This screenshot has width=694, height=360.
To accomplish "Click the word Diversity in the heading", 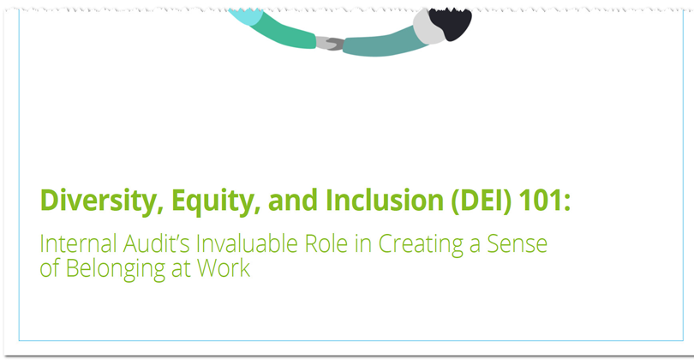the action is pos(99,201).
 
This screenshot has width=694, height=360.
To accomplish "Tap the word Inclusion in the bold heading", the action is pos(384,201).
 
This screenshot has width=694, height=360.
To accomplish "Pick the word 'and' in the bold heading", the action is pos(292,201).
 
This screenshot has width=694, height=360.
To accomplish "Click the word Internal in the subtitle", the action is pos(78,243).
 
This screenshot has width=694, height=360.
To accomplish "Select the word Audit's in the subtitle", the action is pos(157,243).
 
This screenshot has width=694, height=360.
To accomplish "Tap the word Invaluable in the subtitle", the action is pos(247,243).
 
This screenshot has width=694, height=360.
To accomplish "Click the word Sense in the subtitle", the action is pos(517,244).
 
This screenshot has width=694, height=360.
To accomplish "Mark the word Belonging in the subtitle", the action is pos(116,269).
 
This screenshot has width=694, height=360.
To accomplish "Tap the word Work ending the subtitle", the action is pos(224,268).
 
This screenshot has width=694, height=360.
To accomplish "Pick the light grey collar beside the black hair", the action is pos(428,27).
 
